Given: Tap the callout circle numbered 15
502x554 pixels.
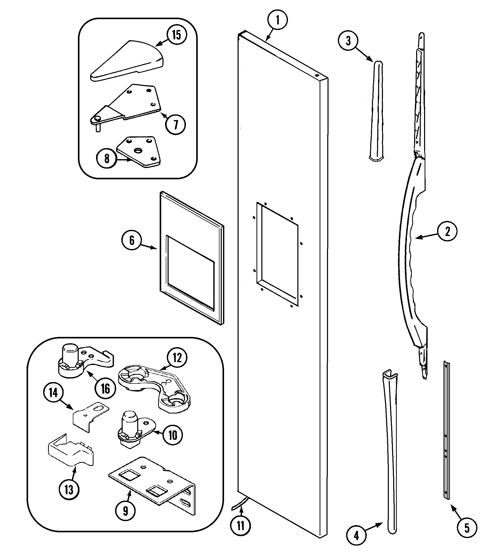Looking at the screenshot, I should click(x=177, y=35).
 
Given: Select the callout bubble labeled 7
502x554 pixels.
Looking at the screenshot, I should click(x=176, y=124).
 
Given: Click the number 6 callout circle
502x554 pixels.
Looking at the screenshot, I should click(x=132, y=240).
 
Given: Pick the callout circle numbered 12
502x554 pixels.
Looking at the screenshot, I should click(x=177, y=358).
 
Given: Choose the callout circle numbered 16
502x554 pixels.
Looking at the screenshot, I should click(x=105, y=388).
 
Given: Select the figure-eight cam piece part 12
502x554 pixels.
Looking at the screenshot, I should click(x=154, y=387).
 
